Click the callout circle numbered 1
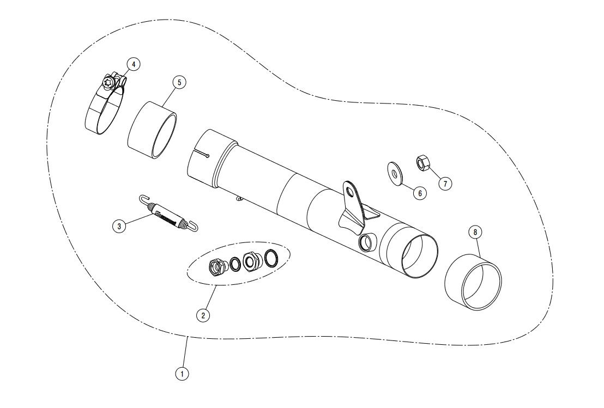(x=182, y=373)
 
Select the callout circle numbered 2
(x=203, y=315)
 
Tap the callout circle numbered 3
(x=119, y=226)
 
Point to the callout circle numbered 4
(x=133, y=64)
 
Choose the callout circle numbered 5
(x=179, y=82)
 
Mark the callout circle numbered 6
(x=420, y=193)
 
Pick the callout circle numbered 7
(x=445, y=184)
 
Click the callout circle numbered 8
(x=475, y=232)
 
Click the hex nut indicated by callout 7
(x=422, y=163)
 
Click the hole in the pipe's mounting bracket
(x=349, y=191)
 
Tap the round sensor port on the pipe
(x=366, y=242)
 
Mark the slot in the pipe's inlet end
(x=201, y=153)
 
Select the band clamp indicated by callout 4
(x=105, y=102)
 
